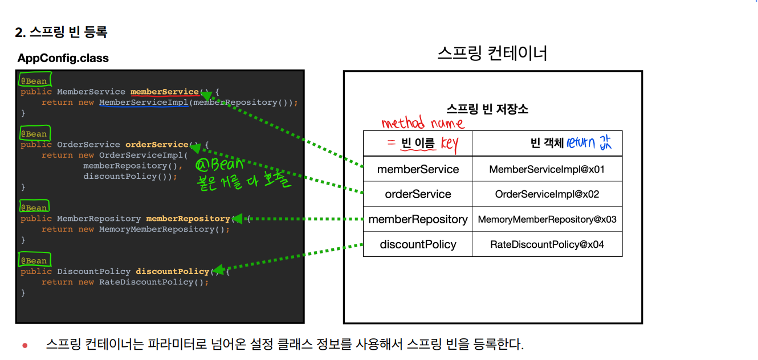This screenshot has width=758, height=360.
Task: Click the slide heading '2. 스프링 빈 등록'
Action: (61, 32)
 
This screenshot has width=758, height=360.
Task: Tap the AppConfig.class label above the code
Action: (63, 58)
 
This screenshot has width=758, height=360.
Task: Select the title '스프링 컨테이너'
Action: (492, 54)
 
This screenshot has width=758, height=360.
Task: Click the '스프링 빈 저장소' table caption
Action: (487, 109)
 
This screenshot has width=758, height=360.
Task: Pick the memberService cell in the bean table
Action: (418, 169)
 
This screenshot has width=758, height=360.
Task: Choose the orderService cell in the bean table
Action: (418, 194)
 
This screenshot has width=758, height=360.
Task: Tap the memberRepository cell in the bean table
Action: (418, 219)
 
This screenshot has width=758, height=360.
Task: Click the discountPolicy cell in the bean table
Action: (418, 244)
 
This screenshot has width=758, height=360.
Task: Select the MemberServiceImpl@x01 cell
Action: (547, 169)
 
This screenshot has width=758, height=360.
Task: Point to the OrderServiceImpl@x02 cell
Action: (547, 194)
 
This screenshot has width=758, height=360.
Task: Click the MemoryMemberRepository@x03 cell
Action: (547, 219)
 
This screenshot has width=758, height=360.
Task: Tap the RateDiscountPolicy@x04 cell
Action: (547, 244)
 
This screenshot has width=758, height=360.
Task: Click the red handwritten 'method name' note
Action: (422, 123)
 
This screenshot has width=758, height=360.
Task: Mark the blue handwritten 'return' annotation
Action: (580, 143)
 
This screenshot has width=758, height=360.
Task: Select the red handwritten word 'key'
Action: (449, 144)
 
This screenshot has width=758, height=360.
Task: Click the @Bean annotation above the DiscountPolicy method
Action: (34, 260)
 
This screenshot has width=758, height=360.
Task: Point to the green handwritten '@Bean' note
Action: (219, 165)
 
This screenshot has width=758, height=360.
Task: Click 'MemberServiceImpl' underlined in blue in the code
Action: (144, 103)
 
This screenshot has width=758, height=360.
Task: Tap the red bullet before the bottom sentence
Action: (25, 345)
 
